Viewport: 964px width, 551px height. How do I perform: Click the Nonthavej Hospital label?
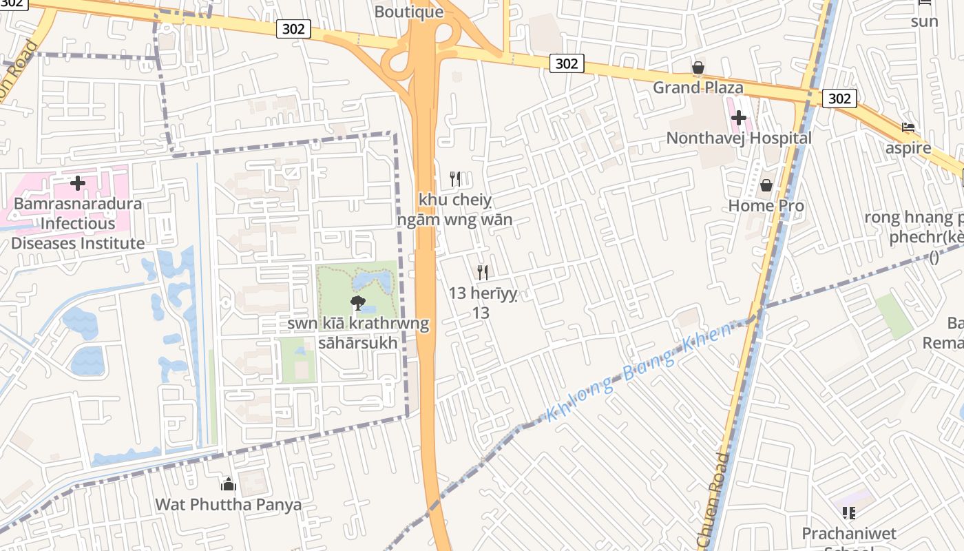click(x=739, y=138)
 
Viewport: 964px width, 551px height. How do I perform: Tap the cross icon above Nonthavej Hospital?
click(x=739, y=118)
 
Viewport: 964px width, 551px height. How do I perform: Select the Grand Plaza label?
click(x=698, y=87)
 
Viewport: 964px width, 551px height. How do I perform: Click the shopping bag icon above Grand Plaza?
click(x=698, y=67)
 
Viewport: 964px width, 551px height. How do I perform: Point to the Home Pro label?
click(x=766, y=205)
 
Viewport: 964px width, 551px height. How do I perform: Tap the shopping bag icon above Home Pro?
click(x=766, y=185)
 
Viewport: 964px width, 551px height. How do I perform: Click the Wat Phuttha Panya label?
click(x=228, y=504)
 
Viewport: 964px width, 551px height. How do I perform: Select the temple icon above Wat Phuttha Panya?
click(x=228, y=484)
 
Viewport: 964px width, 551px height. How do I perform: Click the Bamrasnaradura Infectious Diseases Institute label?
click(x=77, y=223)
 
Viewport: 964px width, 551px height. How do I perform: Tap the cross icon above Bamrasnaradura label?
click(x=77, y=183)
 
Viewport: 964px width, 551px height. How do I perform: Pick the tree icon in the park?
click(x=357, y=302)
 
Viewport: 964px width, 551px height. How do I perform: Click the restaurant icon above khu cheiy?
click(x=454, y=179)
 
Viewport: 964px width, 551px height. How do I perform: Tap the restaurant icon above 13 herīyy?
click(x=482, y=273)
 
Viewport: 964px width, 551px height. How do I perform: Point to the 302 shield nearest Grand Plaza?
click(x=567, y=63)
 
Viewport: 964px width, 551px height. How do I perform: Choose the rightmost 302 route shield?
click(x=839, y=98)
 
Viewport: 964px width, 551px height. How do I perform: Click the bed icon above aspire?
click(x=908, y=127)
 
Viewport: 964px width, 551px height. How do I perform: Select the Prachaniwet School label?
click(x=848, y=534)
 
